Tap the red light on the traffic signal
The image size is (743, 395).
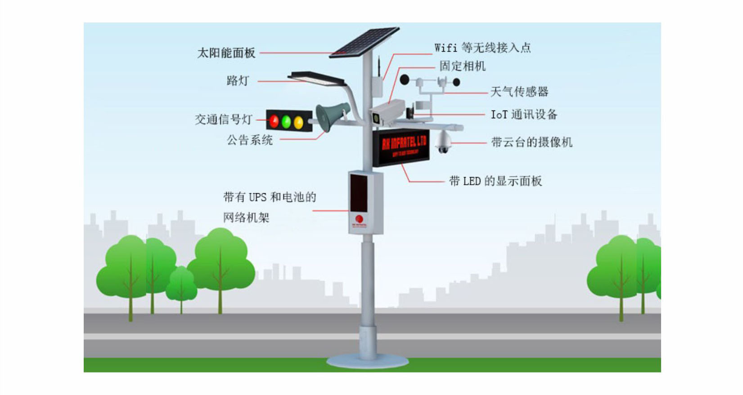pos(274,121)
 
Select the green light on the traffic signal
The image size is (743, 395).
pos(286,121)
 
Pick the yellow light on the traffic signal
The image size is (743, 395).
pos(298,122)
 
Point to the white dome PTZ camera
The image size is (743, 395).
pos(443,142)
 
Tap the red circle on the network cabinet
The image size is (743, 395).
pos(359,219)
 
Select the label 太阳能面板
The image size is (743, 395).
pos(226,53)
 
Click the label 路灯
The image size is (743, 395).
pos(238,81)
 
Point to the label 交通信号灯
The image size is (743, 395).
pos(223,120)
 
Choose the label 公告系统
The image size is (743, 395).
pos(250,140)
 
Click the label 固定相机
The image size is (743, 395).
pos(462,67)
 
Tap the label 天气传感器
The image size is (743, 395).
pos(519,92)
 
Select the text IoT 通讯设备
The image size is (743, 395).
pos(524,115)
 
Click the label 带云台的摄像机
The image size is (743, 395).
pos(531,142)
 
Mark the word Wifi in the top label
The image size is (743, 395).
pos(446,48)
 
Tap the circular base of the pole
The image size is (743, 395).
pos(368,361)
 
